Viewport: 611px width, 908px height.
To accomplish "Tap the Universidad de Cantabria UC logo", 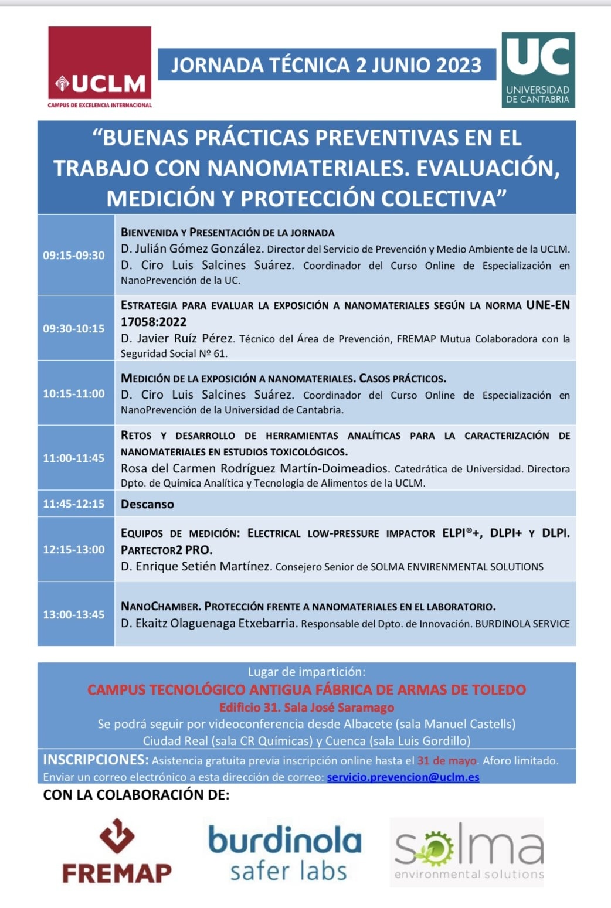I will click(x=538, y=70).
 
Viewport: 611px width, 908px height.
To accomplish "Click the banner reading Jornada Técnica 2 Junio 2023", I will click(x=327, y=64).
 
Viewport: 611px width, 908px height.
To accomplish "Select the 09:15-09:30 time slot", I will click(x=74, y=255).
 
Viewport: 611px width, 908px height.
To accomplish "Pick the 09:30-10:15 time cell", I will click(x=74, y=328).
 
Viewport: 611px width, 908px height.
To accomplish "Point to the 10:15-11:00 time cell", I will click(x=74, y=393).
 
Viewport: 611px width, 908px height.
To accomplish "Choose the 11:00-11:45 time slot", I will click(x=74, y=458).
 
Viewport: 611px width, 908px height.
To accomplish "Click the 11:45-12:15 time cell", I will click(x=74, y=504).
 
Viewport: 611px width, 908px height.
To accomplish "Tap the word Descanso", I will click(x=147, y=504).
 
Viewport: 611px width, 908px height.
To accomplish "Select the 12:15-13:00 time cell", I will click(x=74, y=549).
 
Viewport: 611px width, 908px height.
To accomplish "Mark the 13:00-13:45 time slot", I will click(x=74, y=614).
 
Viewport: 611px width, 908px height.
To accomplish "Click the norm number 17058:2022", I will click(x=154, y=322).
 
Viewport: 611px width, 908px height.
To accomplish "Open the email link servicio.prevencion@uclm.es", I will click(x=403, y=777).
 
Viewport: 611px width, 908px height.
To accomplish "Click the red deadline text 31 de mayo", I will click(x=447, y=761).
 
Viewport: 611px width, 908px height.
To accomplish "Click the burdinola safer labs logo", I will click(x=285, y=852).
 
